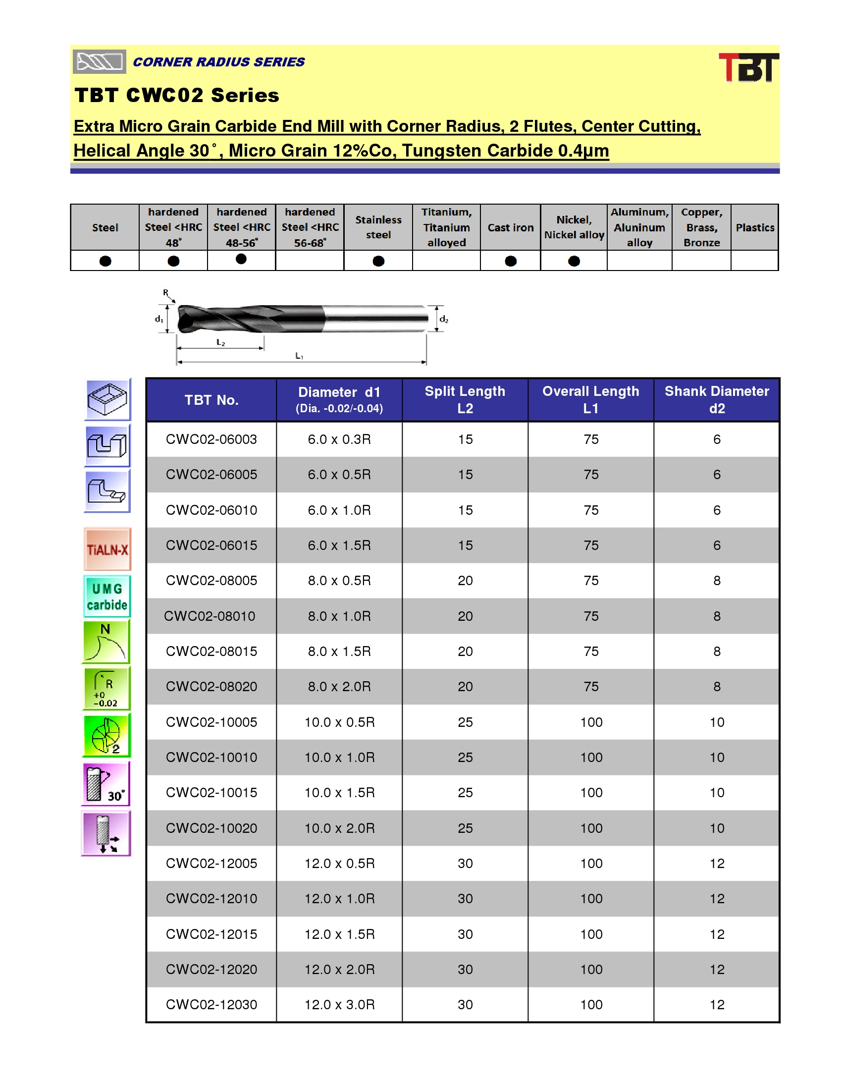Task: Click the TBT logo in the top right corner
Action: pyautogui.click(x=748, y=67)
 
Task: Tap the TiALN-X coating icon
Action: pyautogui.click(x=107, y=549)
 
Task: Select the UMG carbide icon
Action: pyautogui.click(x=107, y=597)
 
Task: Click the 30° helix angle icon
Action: pyautogui.click(x=106, y=784)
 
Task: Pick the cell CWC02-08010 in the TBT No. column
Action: pyautogui.click(x=210, y=616)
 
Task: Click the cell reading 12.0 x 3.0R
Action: pyautogui.click(x=339, y=1005)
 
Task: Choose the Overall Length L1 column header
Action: pyautogui.click(x=590, y=400)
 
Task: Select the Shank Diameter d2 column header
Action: pyautogui.click(x=716, y=400)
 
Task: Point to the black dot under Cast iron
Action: pyautogui.click(x=510, y=261)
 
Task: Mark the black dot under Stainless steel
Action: pyautogui.click(x=378, y=261)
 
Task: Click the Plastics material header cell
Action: pyautogui.click(x=755, y=227)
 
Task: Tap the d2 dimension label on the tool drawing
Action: pyautogui.click(x=443, y=320)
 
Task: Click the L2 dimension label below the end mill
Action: pyautogui.click(x=220, y=343)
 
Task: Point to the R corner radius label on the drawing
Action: pyautogui.click(x=165, y=293)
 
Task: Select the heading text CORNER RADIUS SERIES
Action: pyautogui.click(x=218, y=62)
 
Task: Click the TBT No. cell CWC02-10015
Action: pyautogui.click(x=211, y=793)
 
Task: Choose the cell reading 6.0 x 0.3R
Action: pyautogui.click(x=339, y=439)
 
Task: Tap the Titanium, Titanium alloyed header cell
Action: pyautogui.click(x=446, y=227)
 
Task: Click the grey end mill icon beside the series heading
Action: pyautogui.click(x=99, y=62)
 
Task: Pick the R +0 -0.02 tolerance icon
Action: pyautogui.click(x=106, y=689)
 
